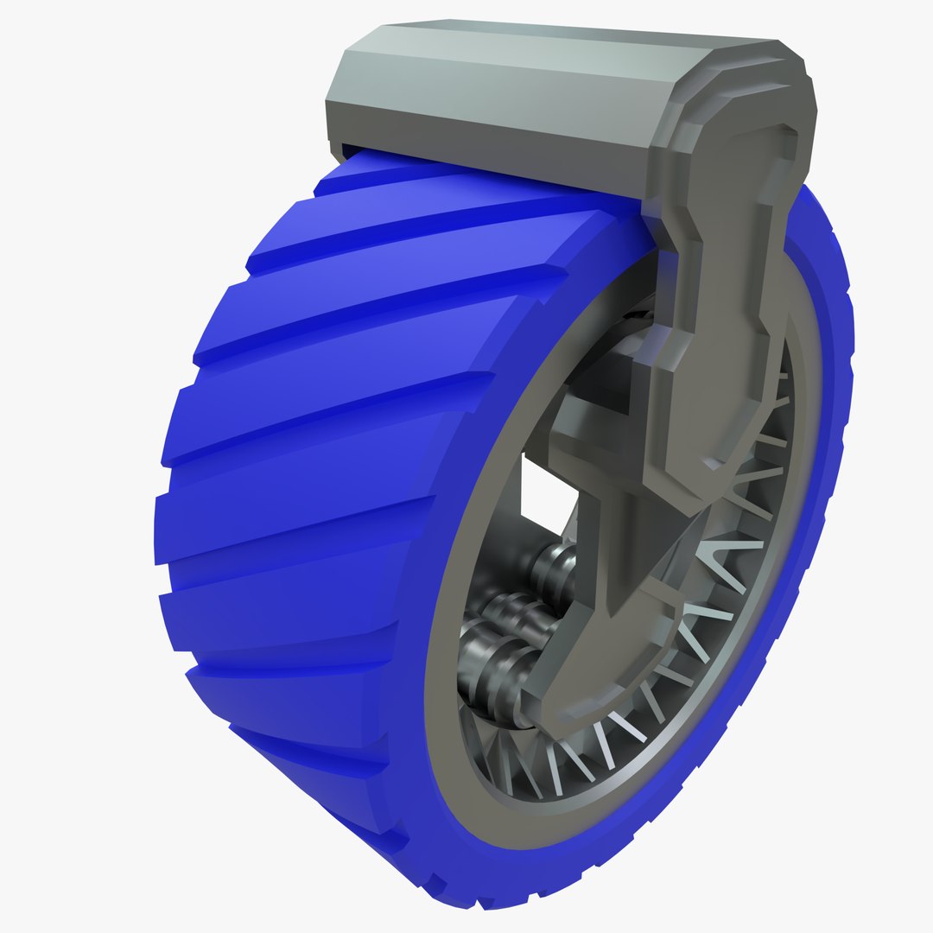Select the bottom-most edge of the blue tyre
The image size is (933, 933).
click(484, 898)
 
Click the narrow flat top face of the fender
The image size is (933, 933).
click(562, 30)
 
